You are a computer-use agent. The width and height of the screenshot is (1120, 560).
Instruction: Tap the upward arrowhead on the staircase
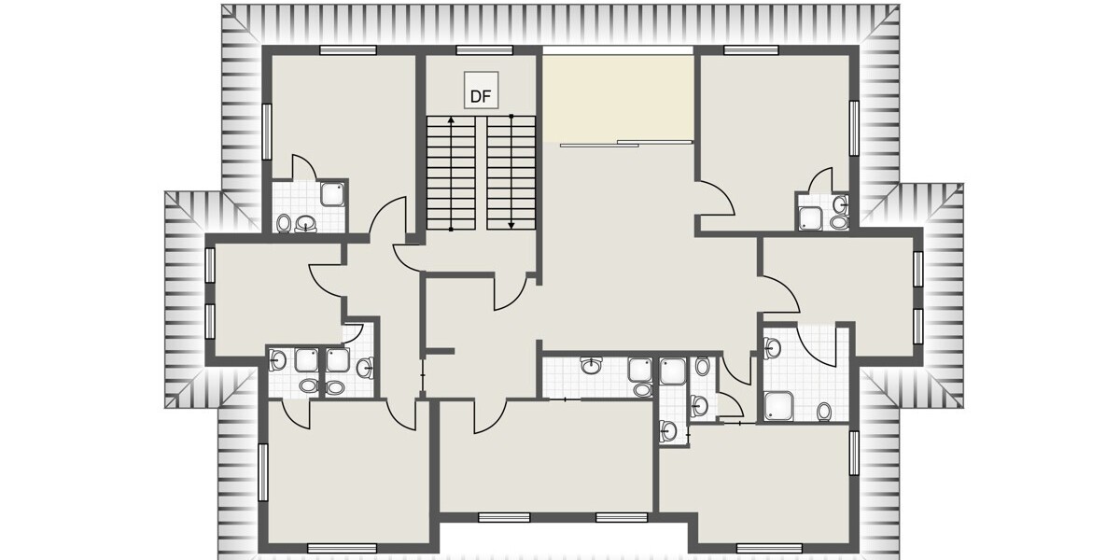pos(452,119)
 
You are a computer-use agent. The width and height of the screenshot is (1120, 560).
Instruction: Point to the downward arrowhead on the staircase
pos(511,224)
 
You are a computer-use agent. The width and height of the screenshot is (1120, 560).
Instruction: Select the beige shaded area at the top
pos(618,96)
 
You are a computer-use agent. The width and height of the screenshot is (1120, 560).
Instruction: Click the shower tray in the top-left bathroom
pos(331,195)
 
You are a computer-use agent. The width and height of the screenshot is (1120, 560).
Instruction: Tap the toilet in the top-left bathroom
pos(284,223)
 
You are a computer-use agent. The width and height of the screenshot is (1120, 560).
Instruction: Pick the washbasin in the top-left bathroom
pos(305,224)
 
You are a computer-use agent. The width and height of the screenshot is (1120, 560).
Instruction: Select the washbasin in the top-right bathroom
pos(841,204)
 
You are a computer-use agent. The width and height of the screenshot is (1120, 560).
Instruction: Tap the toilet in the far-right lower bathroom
pos(824,411)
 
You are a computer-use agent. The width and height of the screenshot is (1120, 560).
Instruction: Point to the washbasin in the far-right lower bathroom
pos(771,348)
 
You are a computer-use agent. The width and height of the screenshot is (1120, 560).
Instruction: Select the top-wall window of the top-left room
pos(347,49)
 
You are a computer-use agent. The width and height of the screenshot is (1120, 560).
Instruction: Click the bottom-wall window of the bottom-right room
pos(769,547)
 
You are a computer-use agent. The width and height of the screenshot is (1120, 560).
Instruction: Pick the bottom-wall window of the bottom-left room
pos(334,547)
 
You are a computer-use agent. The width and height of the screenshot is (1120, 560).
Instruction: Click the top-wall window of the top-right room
pos(751,49)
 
